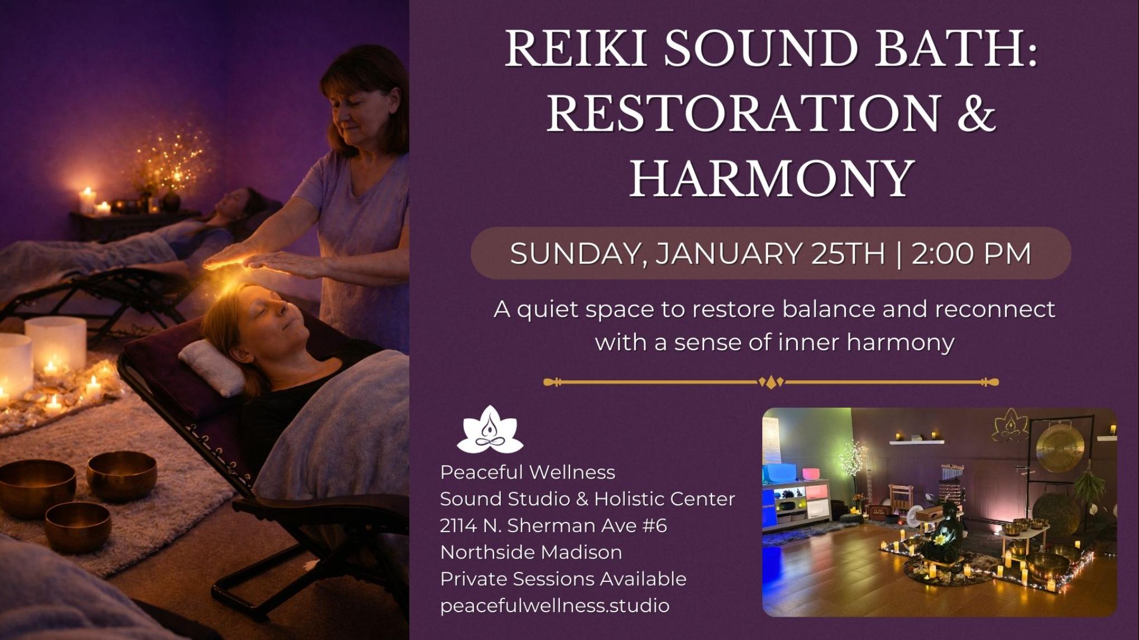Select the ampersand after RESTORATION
click(974, 114)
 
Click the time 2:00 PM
click(971, 254)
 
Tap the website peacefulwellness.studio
click(554, 605)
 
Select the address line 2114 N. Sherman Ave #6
click(553, 526)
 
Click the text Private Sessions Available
click(563, 579)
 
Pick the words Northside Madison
click(530, 552)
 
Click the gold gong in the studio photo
click(1059, 447)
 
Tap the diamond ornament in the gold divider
click(770, 383)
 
